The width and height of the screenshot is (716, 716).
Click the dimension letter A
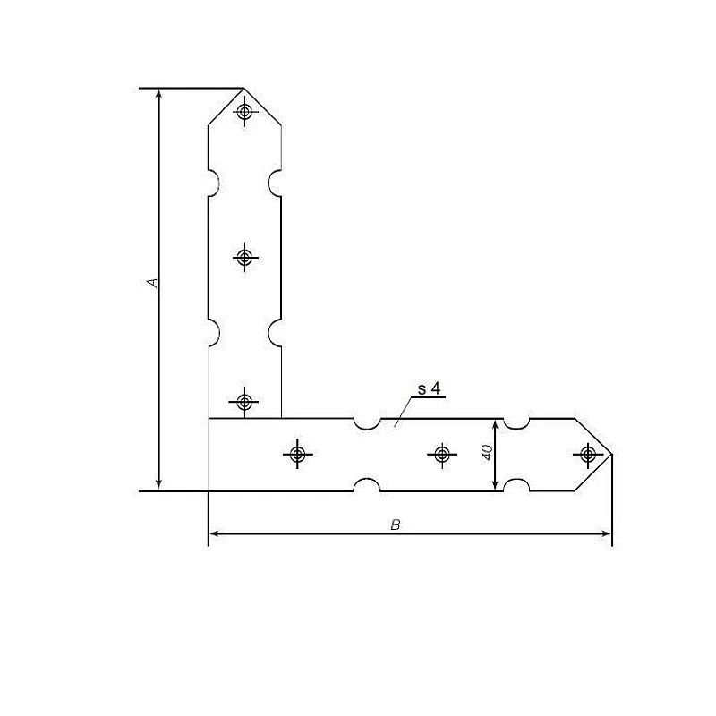click(x=153, y=283)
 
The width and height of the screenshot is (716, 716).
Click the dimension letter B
click(x=395, y=524)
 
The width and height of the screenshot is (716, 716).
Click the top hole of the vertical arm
click(x=244, y=112)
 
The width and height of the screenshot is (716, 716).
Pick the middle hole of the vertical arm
click(x=244, y=258)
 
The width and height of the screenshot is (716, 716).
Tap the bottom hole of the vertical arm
click(x=244, y=401)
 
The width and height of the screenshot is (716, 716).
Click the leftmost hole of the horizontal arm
click(x=297, y=455)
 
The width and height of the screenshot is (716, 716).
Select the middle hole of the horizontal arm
click(x=441, y=455)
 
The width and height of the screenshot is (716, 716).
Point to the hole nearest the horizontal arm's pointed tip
click(x=586, y=455)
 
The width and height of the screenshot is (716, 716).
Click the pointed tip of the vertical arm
click(x=243, y=89)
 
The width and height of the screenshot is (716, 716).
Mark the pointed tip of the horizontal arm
click(x=611, y=455)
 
